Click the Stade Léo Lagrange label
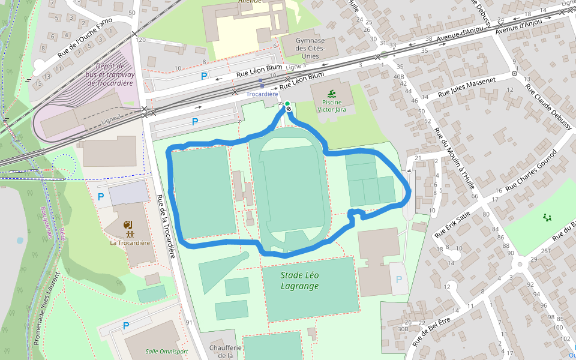click(x=300, y=280)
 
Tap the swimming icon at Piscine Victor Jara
click(x=332, y=93)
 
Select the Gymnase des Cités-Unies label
click(x=311, y=48)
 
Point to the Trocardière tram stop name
click(x=262, y=94)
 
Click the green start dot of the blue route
click(x=287, y=104)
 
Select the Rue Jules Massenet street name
click(x=466, y=87)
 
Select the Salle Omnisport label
click(x=166, y=352)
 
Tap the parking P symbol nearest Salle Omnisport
click(x=126, y=326)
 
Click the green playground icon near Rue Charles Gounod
click(x=547, y=217)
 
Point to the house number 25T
click(x=545, y=251)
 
